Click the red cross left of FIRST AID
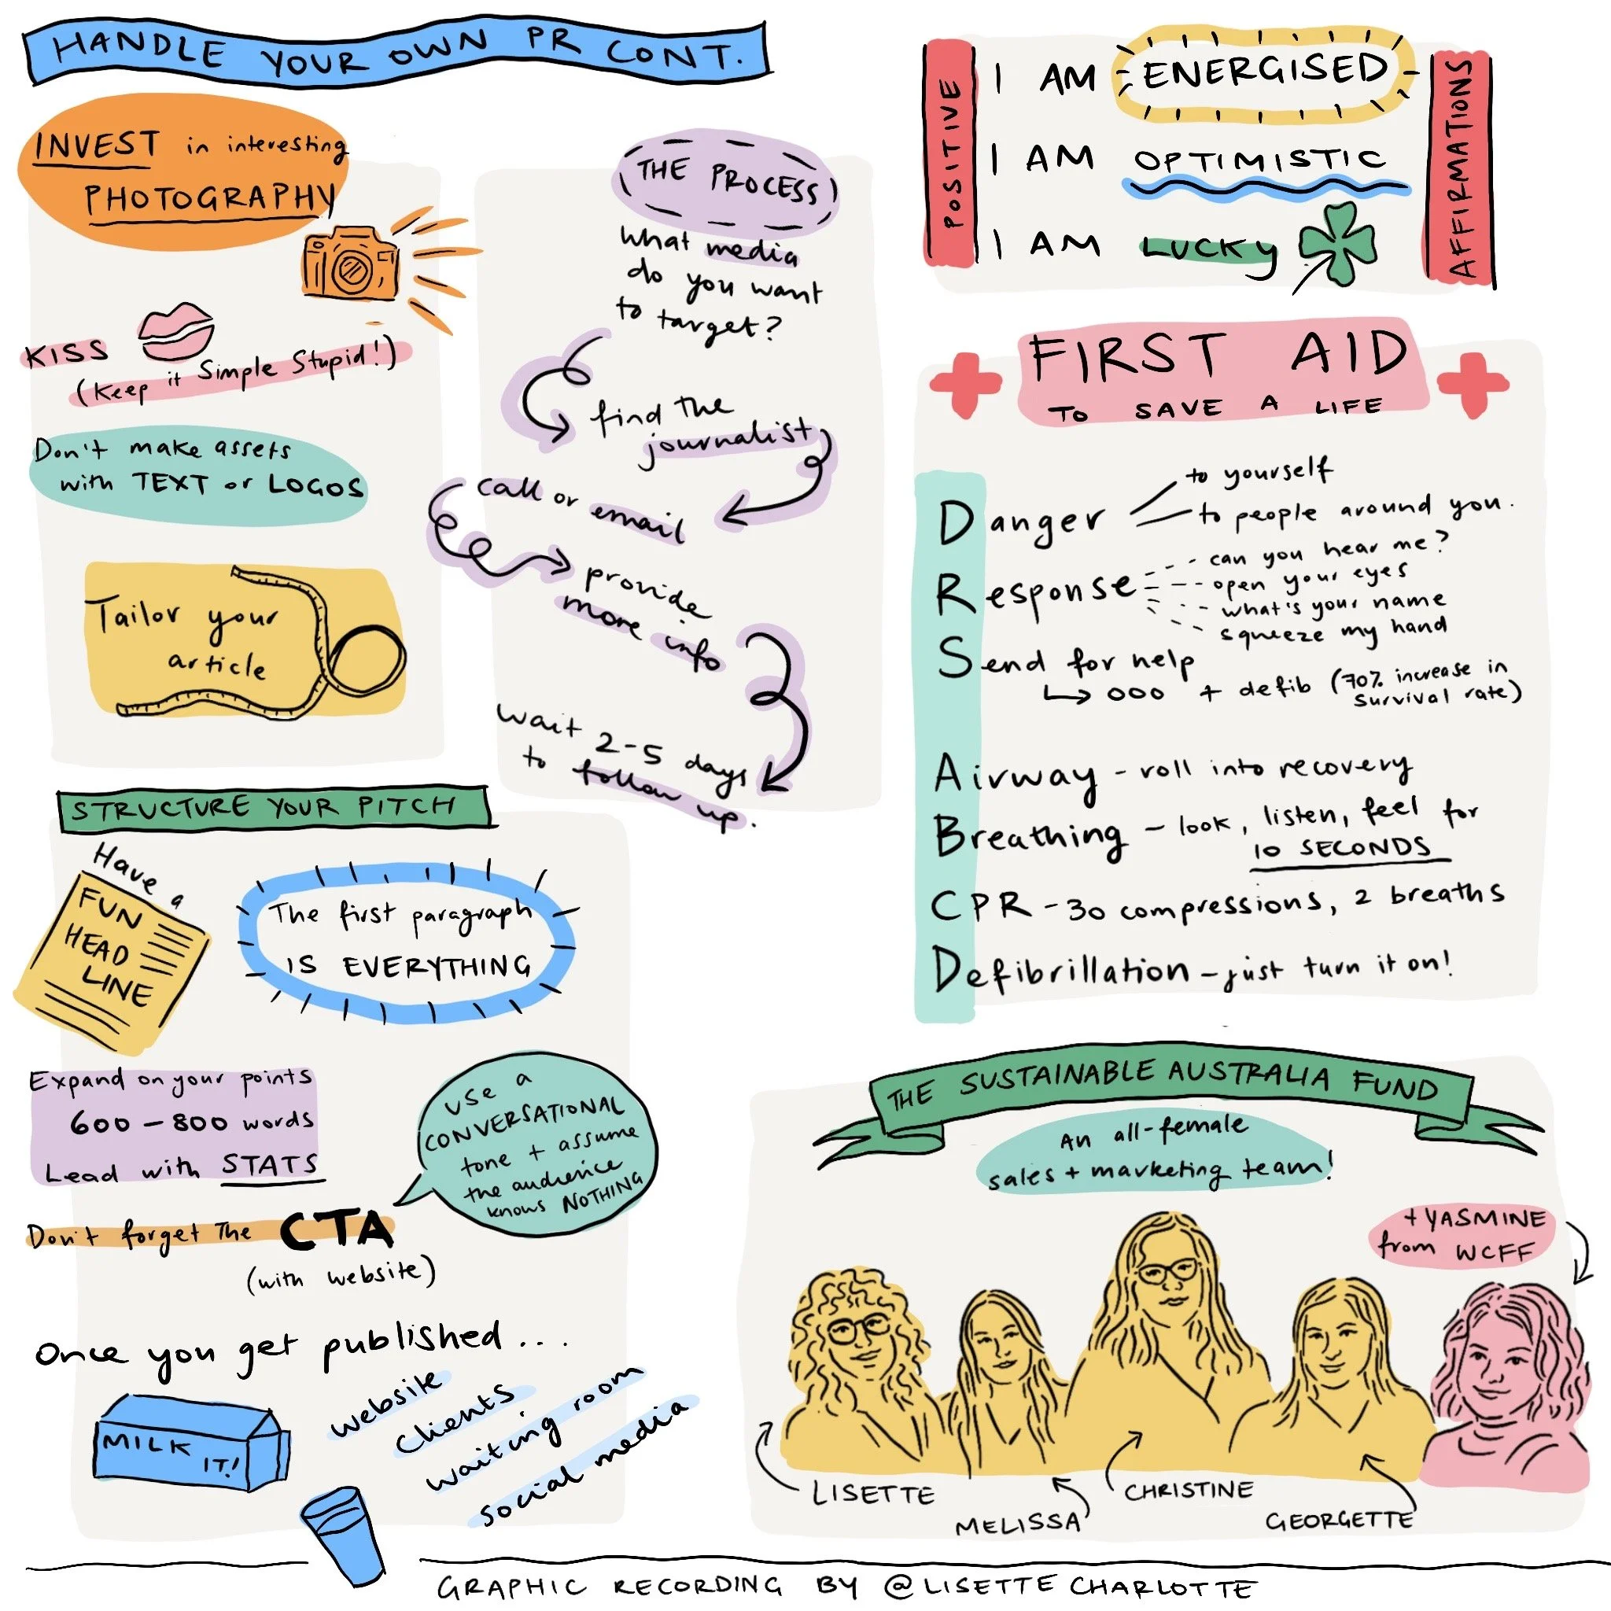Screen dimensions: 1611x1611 (966, 384)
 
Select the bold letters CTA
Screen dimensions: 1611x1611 (336, 1230)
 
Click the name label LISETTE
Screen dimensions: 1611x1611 (873, 1492)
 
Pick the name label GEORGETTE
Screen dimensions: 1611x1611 (1338, 1520)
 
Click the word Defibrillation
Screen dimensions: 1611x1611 (1060, 969)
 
